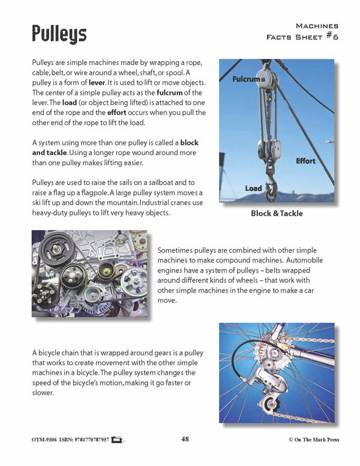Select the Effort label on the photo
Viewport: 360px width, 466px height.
[x=305, y=161]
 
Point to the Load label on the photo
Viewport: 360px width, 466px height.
[x=253, y=189]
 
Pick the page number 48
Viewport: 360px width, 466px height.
[x=185, y=439]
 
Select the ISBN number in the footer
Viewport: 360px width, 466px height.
[x=85, y=440]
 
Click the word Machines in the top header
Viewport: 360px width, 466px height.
[x=317, y=26]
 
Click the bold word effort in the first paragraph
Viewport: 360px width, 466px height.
[x=120, y=112]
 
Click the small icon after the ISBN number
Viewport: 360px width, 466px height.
[x=117, y=440]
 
